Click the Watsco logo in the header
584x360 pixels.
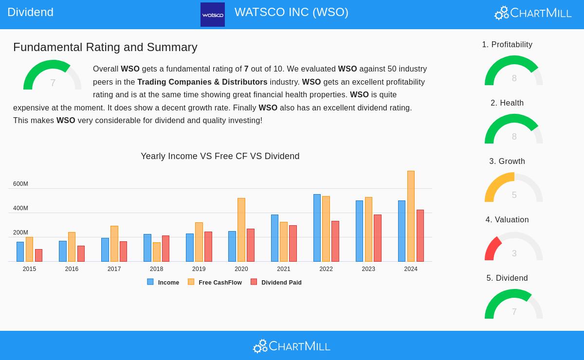click(213, 15)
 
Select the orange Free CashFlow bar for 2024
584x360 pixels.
click(411, 216)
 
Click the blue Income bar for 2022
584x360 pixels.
click(317, 228)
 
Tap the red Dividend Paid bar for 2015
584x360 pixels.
click(38, 255)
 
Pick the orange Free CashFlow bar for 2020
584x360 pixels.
click(241, 230)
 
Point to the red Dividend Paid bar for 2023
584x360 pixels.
click(378, 238)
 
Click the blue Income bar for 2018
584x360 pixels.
click(147, 248)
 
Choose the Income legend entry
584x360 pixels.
click(164, 282)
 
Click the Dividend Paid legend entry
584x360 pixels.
click(276, 282)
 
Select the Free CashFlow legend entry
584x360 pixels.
click(215, 282)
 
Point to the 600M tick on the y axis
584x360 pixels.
click(20, 184)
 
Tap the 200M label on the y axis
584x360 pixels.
click(20, 233)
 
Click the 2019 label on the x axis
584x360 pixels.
click(199, 269)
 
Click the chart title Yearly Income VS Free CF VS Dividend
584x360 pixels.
click(220, 156)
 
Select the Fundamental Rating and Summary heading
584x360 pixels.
click(105, 47)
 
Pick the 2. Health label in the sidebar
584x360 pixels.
click(507, 103)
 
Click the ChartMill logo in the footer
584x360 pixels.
click(292, 346)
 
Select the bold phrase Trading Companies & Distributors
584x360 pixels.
click(202, 82)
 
